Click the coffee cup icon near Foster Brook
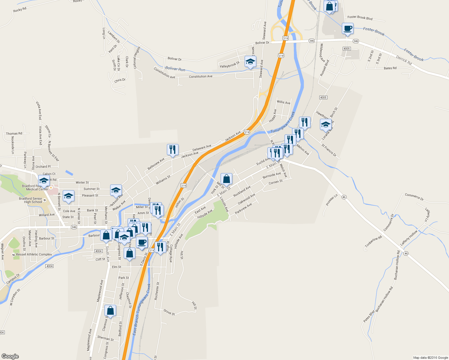click(348, 29)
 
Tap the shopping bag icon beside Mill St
click(226, 179)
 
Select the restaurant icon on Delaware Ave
click(173, 150)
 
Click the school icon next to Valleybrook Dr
click(250, 62)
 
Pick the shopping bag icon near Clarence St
click(110, 311)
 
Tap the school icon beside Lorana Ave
click(326, 124)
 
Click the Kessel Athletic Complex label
click(34, 254)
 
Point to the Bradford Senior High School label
click(30, 200)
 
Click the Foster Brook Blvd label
click(360, 18)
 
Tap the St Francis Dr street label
click(329, 150)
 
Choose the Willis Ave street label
click(283, 102)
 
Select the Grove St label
click(169, 312)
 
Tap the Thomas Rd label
click(14, 133)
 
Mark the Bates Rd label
click(390, 68)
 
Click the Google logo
click(10, 356)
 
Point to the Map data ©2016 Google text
click(430, 358)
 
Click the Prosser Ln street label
click(332, 201)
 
